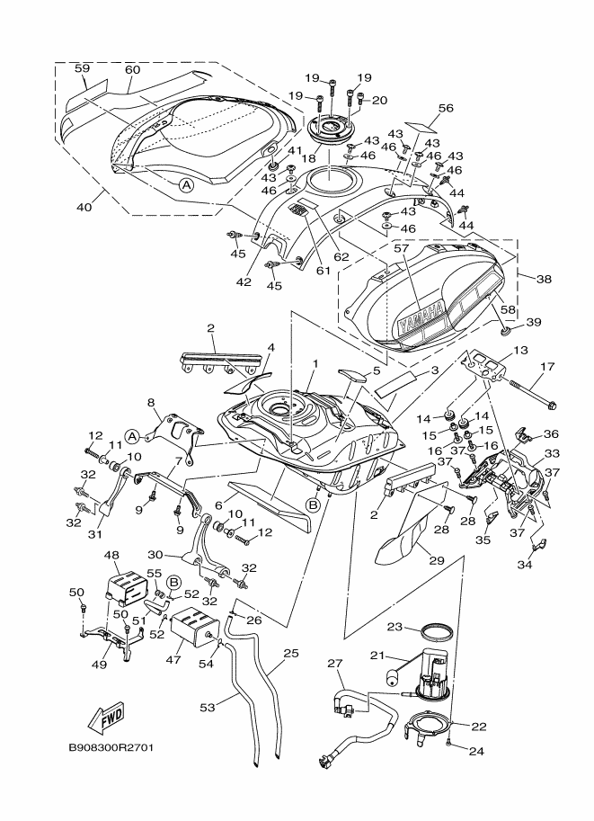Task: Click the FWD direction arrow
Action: coord(105,717)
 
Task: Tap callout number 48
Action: coord(112,556)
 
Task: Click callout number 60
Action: coord(132,69)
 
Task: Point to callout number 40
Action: coord(84,208)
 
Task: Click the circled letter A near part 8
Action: coord(132,436)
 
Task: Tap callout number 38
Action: coord(543,279)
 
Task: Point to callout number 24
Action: coord(475,750)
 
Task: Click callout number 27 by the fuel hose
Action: coord(335,665)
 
